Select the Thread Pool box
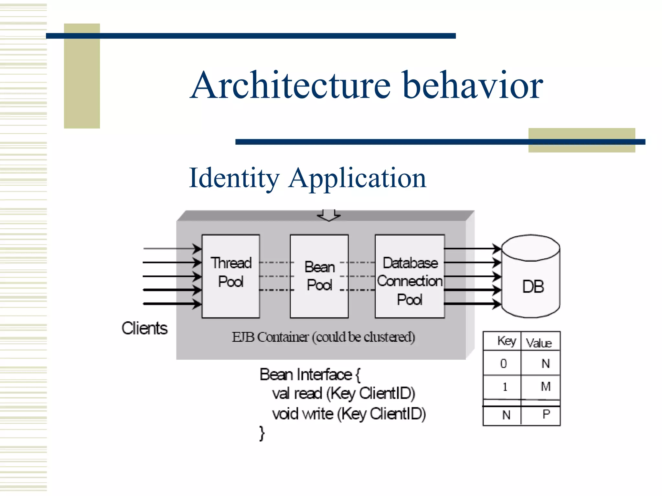[231, 276]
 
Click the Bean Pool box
[319, 276]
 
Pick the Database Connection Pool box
[410, 276]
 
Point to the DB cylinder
[531, 281]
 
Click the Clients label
[144, 328]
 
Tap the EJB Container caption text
[323, 337]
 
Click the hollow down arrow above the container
[329, 215]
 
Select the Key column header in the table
[506, 341]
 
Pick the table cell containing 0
[503, 364]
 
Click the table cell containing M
[545, 387]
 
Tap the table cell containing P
[546, 414]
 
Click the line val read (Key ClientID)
[343, 394]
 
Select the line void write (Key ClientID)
[349, 414]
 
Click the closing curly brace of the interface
[262, 433]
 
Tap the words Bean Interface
[305, 375]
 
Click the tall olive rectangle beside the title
[82, 76]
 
